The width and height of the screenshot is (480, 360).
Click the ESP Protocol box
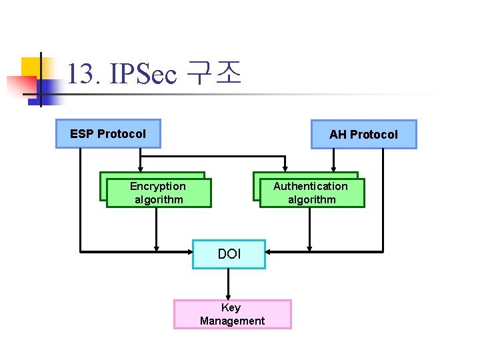click(x=108, y=134)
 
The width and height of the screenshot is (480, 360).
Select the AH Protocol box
click(x=363, y=135)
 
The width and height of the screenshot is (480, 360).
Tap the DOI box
click(x=229, y=254)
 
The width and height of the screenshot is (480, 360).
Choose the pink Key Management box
click(x=232, y=314)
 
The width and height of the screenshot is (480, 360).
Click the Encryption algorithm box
click(x=158, y=193)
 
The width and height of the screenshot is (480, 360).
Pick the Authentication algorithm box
click(x=311, y=193)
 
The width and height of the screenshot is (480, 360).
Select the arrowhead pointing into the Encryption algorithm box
click(x=140, y=169)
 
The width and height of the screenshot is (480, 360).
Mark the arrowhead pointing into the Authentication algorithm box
click(x=286, y=169)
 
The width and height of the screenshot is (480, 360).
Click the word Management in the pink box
click(x=232, y=321)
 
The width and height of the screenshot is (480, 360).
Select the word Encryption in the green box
click(x=158, y=186)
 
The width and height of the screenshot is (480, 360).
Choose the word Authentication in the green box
click(x=311, y=186)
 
